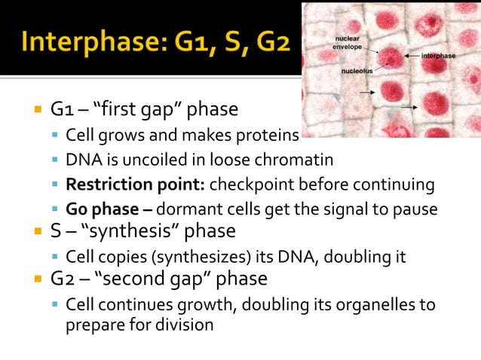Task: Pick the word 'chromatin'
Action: coord(299,160)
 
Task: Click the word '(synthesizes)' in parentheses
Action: coord(193,257)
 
